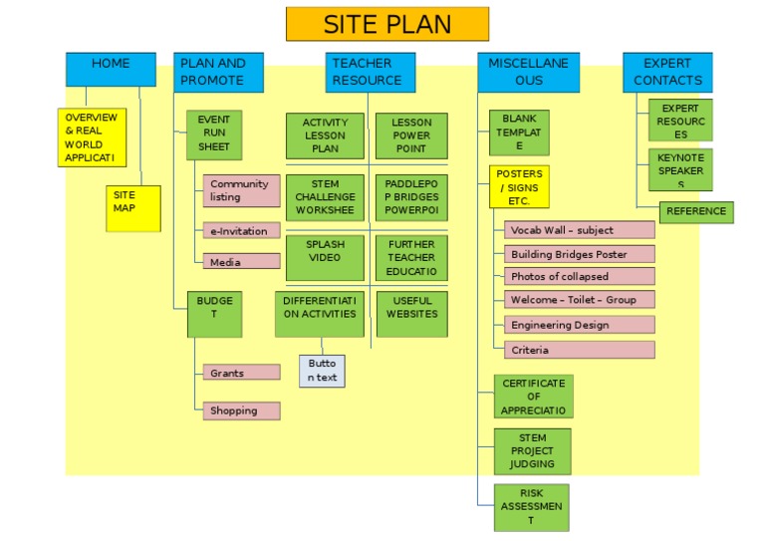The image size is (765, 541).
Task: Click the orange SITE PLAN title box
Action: (x=386, y=24)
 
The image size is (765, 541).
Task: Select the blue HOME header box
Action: (x=111, y=69)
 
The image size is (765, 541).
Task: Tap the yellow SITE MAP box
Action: (x=132, y=208)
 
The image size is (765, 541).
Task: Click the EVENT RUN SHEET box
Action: (x=214, y=134)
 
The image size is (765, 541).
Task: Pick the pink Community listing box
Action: (x=242, y=190)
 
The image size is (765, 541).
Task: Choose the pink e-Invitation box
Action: (x=242, y=231)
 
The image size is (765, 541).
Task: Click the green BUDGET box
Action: (x=214, y=314)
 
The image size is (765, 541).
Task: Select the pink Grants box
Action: (x=242, y=373)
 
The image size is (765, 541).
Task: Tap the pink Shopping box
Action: (x=242, y=410)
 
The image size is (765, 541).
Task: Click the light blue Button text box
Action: (x=322, y=371)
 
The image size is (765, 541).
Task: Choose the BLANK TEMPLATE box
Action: (x=519, y=133)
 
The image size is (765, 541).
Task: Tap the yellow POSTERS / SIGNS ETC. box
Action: (x=519, y=186)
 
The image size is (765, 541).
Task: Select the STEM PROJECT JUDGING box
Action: (x=532, y=451)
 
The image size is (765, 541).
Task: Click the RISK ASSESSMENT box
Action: (x=532, y=507)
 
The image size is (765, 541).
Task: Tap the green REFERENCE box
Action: (x=696, y=212)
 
